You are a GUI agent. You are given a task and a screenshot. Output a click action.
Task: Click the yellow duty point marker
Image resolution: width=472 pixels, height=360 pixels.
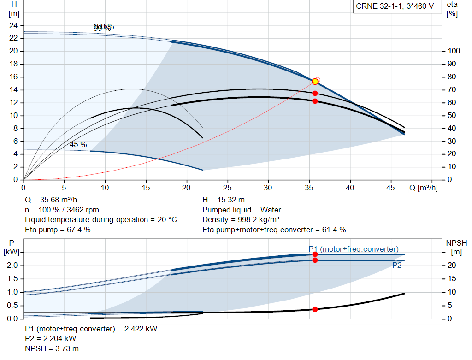(x=315, y=82)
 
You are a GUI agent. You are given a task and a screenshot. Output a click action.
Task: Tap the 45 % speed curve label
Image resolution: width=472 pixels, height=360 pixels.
(x=78, y=144)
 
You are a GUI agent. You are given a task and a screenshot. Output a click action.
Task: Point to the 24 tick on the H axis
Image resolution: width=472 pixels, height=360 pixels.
(x=13, y=25)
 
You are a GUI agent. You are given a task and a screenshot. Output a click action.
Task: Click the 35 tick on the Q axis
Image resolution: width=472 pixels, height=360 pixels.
(x=309, y=188)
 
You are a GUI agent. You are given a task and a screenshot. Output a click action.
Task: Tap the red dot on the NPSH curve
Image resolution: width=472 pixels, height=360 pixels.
(x=315, y=309)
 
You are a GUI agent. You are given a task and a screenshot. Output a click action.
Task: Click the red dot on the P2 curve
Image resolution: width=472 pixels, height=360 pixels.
(x=315, y=260)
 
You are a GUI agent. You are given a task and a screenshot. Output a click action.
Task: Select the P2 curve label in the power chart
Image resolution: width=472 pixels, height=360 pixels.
(x=397, y=265)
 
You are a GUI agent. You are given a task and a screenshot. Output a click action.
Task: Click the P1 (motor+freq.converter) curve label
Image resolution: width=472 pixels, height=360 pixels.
(x=354, y=249)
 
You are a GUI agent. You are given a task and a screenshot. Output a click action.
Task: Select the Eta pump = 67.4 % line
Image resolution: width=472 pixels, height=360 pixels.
(x=58, y=230)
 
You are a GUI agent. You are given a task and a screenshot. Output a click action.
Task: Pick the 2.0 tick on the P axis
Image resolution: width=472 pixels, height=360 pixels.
(x=12, y=265)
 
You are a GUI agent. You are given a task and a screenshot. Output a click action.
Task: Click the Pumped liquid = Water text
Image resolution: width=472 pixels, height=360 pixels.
(x=242, y=210)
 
